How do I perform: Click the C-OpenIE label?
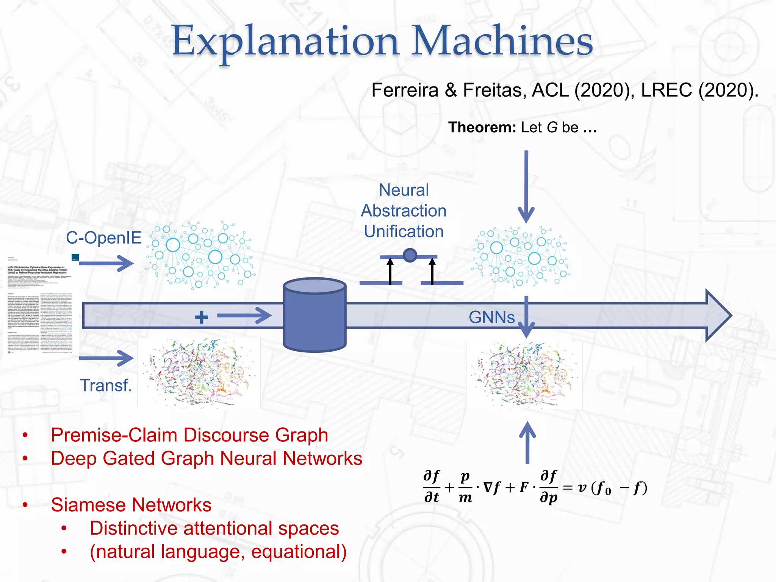point(103,238)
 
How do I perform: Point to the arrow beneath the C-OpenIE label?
point(106,263)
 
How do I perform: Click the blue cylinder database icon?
point(314,314)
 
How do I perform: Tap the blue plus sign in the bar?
point(202,317)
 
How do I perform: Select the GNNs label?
point(491,317)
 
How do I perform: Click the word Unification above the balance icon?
point(404,232)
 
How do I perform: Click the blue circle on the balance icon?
point(410,255)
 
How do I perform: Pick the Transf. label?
point(106,385)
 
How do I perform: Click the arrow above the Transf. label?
point(106,358)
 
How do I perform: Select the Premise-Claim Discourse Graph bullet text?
point(189,435)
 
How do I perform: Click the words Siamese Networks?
point(131,505)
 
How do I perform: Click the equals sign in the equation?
point(568,488)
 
